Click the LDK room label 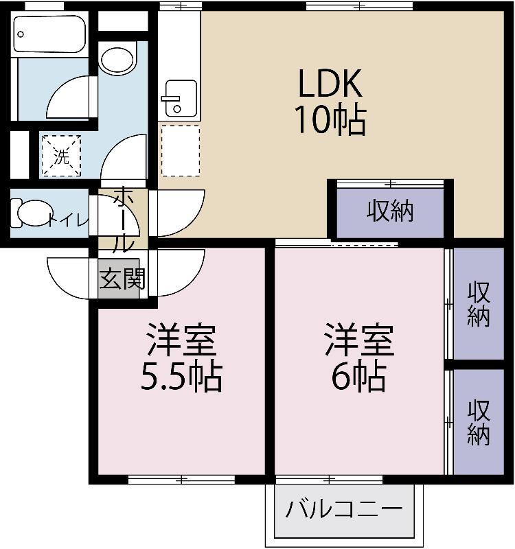coord(329,85)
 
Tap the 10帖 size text coord(329,120)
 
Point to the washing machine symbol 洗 coord(62,156)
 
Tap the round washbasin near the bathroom coord(118,59)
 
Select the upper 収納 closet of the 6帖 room coord(479,303)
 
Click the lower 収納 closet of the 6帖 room coord(479,422)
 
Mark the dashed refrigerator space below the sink coord(180,150)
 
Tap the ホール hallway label coord(123,220)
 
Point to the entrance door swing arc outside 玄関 coord(69,278)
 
